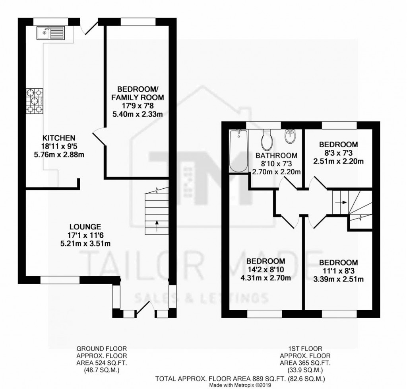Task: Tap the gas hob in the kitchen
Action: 35,101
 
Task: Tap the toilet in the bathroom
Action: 266,141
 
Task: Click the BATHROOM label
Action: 276,155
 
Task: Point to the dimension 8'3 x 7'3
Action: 338,153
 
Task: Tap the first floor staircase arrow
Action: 339,202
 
